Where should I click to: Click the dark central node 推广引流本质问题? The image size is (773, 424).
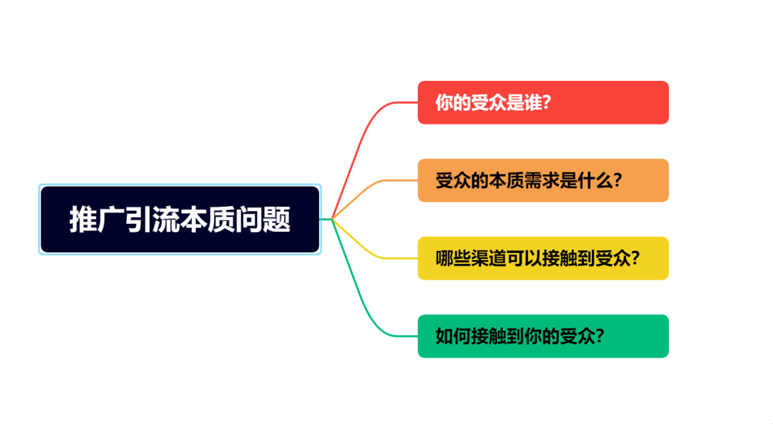point(180,220)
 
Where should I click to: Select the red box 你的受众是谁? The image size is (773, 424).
point(543,102)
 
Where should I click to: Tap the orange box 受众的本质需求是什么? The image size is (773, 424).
point(543,180)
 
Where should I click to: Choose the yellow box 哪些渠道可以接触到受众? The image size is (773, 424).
point(543,258)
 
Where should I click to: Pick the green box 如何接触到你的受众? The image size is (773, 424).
point(543,336)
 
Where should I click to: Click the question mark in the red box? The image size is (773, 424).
point(546,102)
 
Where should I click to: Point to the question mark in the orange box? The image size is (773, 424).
point(617,180)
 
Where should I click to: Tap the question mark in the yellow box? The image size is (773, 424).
point(635,258)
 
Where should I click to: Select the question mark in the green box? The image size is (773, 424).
point(600,336)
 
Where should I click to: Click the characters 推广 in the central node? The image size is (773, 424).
point(97,220)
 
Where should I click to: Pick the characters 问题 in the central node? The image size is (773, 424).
point(262,220)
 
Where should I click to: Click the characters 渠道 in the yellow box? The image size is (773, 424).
point(489,258)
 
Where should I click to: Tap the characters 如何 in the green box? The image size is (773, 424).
point(453,336)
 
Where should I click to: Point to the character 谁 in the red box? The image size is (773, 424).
point(533,102)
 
